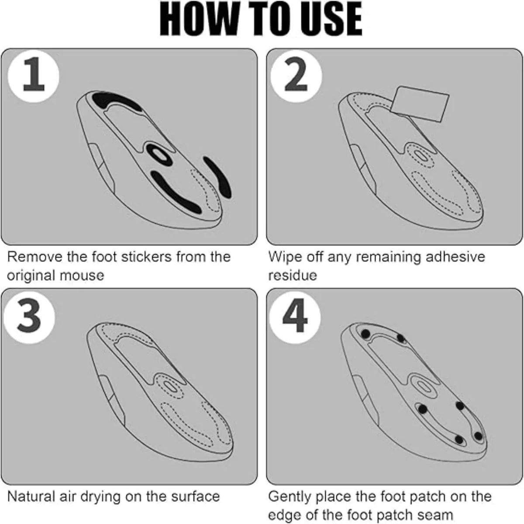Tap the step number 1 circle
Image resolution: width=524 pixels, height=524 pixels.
pos(33,76)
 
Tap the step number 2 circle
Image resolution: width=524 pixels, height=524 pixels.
pos(296,76)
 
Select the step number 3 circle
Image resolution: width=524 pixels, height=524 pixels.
pos(29,317)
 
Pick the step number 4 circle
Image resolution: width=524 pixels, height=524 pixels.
pos(295,317)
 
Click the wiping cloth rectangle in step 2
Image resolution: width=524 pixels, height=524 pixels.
pos(420,104)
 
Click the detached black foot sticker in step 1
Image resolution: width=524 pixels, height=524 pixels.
pos(217,177)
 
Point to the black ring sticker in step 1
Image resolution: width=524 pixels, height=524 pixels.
pos(159,155)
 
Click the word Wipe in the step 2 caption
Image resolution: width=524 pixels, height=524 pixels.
pos(285,257)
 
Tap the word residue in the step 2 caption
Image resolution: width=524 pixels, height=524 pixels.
pos(293,276)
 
